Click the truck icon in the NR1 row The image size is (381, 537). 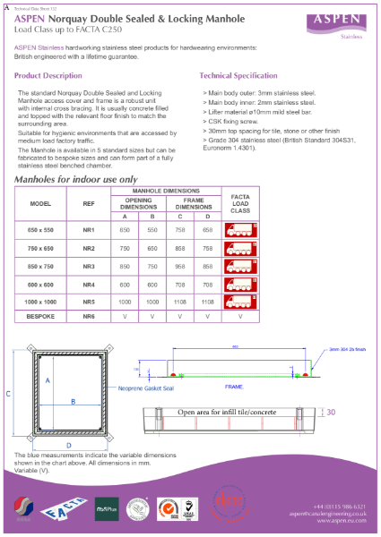[x=239, y=230]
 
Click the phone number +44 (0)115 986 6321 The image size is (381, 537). [x=339, y=507]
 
